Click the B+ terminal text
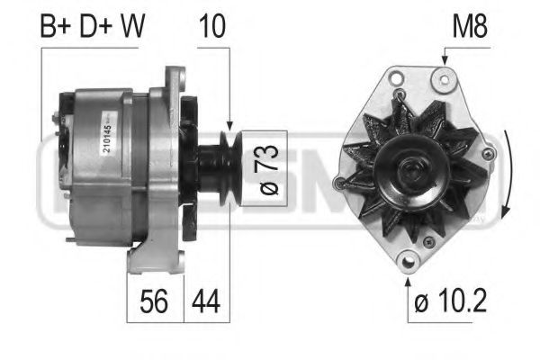58,26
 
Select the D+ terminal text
97,26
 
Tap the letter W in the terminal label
132,26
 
